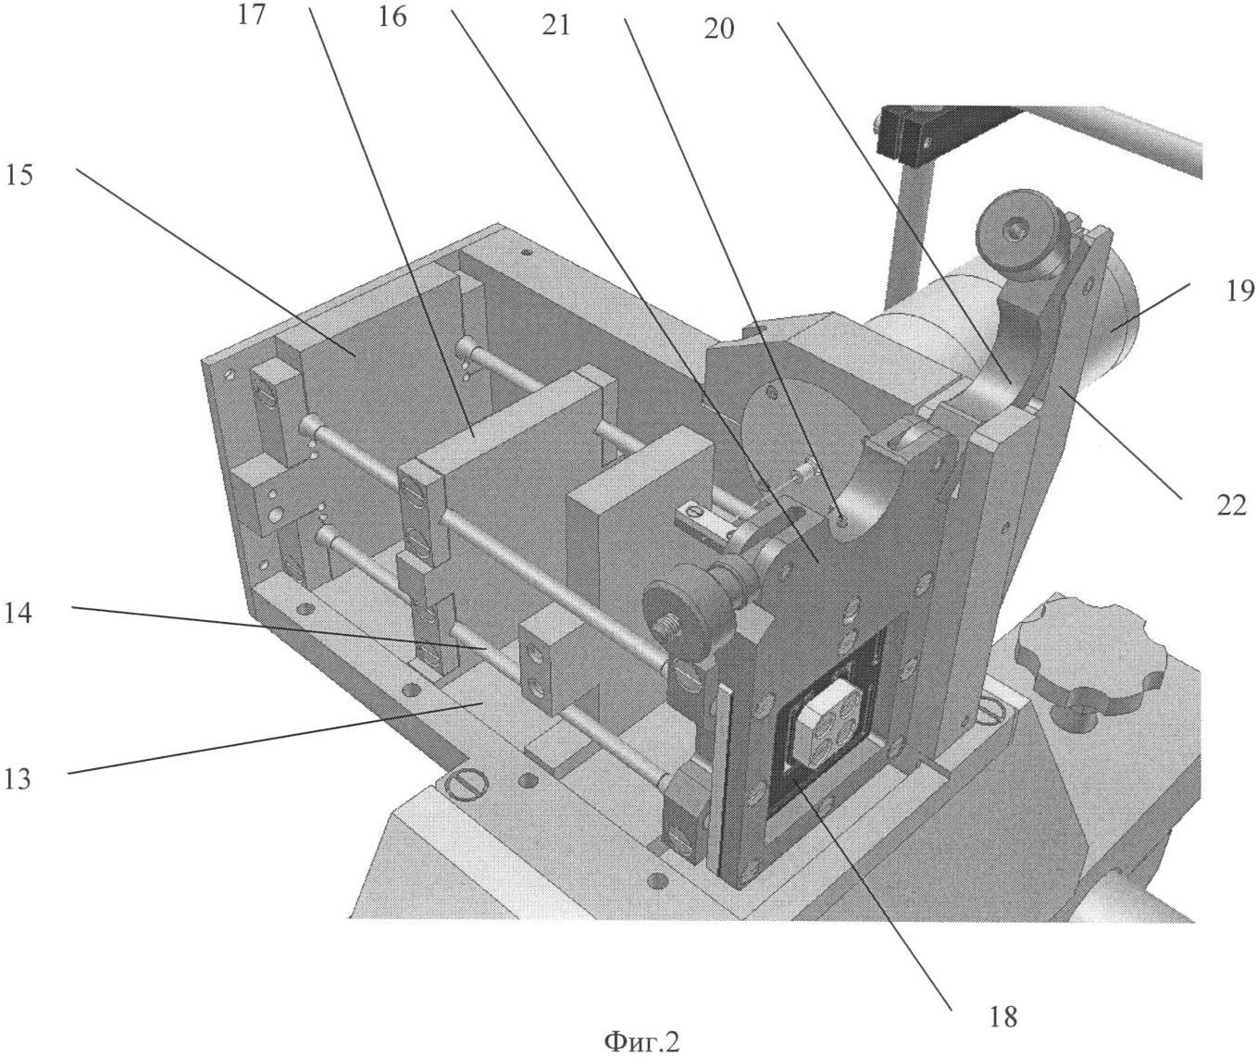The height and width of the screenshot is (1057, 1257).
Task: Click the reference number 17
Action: [251, 15]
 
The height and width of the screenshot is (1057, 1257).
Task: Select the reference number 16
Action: [392, 17]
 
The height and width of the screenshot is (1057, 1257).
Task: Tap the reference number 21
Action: [555, 26]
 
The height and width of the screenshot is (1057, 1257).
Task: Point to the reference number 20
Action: [719, 29]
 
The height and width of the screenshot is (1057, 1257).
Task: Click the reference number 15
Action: [19, 175]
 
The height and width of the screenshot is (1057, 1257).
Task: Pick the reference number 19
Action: [1238, 292]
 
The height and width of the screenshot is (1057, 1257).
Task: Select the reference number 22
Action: [1230, 505]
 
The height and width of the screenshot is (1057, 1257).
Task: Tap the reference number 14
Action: [18, 614]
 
